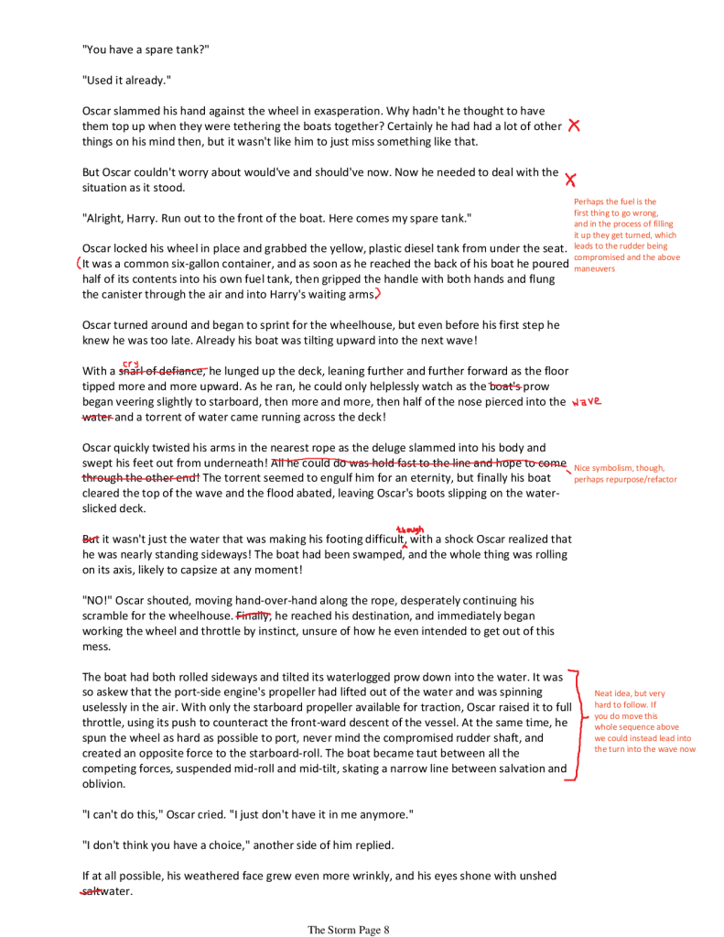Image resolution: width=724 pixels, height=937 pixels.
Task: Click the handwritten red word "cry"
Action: (130, 363)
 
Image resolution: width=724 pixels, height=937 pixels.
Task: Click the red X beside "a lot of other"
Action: (574, 125)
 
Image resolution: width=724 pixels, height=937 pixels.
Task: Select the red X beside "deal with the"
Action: (570, 179)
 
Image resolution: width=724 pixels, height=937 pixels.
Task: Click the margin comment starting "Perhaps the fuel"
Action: (625, 235)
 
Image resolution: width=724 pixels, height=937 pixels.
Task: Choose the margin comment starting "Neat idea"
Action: (644, 721)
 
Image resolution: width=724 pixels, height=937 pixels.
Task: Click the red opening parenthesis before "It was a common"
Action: (80, 263)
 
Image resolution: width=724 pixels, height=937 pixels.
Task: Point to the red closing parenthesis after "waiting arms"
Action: (378, 294)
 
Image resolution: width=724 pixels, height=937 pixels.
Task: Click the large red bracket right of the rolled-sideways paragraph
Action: (575, 725)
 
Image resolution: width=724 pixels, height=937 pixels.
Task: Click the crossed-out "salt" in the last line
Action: (91, 891)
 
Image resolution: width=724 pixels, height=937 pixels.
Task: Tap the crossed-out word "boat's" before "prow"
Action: (505, 387)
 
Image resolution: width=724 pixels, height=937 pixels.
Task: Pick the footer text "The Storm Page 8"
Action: (349, 930)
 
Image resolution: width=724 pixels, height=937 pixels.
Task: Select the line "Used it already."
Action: (126, 80)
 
